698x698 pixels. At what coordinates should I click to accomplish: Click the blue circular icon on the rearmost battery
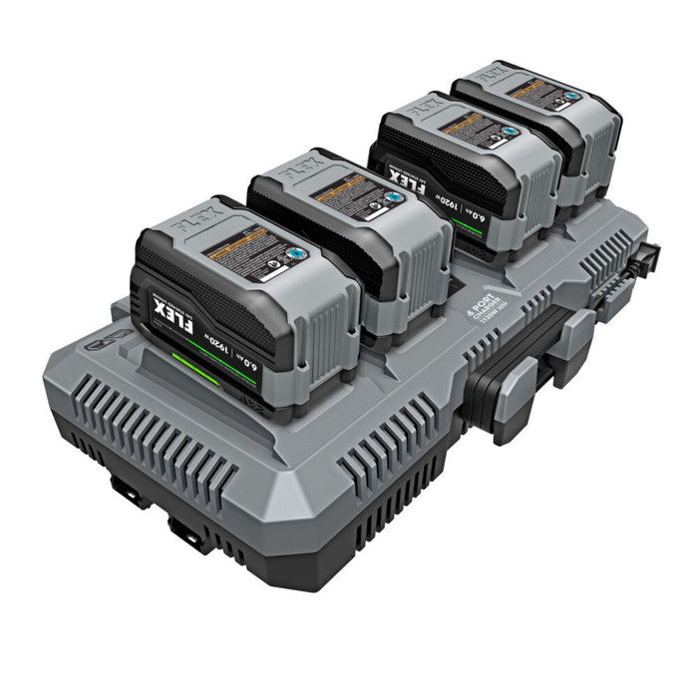click(x=570, y=99)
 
